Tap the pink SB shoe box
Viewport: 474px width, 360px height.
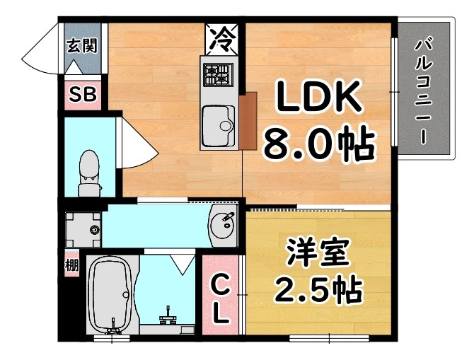[82, 95]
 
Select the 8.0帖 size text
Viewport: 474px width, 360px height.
[318, 145]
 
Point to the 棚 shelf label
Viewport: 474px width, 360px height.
[71, 266]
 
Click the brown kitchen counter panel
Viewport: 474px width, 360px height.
[247, 121]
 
